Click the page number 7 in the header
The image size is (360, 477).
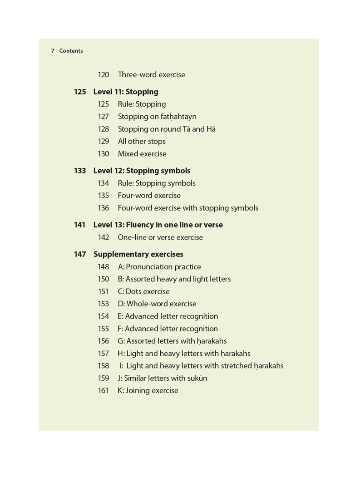[53, 51]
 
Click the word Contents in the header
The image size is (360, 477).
[71, 51]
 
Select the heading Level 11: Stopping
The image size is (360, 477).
[126, 92]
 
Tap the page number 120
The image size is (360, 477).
[104, 74]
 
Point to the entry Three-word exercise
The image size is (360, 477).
[151, 74]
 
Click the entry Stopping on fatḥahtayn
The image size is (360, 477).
[157, 117]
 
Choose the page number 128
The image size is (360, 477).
[104, 129]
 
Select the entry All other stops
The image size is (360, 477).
[142, 141]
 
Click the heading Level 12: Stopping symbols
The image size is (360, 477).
[142, 171]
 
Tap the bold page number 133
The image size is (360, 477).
[80, 171]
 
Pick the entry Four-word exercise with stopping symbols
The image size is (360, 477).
[188, 208]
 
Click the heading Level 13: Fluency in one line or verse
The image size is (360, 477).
[158, 225]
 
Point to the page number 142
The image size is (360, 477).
[104, 237]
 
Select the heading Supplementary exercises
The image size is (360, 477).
[138, 254]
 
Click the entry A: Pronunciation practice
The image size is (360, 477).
[159, 267]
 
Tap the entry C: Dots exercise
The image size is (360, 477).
[143, 291]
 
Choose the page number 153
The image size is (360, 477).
[104, 304]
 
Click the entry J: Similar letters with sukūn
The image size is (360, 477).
[163, 378]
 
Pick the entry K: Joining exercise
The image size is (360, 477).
[148, 390]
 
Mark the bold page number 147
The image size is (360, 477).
[80, 254]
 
